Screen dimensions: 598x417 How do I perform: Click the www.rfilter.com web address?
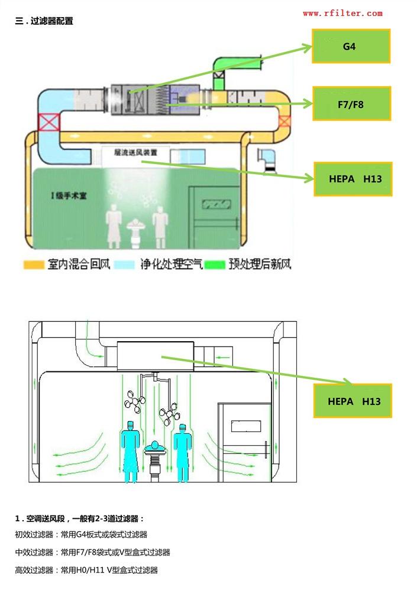click(x=342, y=13)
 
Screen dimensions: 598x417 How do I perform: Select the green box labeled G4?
click(x=351, y=46)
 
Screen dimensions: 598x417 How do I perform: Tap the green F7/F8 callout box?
click(x=351, y=104)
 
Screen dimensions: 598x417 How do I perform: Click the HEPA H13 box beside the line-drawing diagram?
click(x=353, y=401)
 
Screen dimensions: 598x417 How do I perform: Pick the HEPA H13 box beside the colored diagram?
click(x=353, y=178)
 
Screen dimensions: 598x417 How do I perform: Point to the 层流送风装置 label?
click(x=136, y=152)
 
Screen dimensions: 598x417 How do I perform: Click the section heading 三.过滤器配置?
click(x=44, y=21)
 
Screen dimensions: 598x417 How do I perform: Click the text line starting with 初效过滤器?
click(x=81, y=535)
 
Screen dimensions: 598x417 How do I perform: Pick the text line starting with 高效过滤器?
click(x=86, y=570)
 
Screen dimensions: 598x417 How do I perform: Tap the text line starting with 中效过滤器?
click(x=92, y=553)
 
